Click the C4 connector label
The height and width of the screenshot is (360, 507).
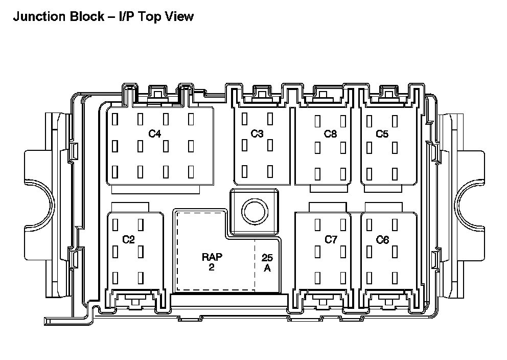154,134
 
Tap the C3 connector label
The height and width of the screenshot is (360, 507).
257,134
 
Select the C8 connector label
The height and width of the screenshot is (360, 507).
331,134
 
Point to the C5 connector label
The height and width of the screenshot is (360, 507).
382,134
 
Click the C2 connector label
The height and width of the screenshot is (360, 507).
128,239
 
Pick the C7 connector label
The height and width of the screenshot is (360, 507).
331,239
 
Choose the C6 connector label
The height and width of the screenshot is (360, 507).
382,239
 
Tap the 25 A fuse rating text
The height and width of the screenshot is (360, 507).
267,263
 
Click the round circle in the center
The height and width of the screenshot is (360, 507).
254,211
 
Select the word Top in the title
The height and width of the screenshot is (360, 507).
146,16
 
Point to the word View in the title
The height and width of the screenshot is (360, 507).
178,16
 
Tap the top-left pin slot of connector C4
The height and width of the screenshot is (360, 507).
116,119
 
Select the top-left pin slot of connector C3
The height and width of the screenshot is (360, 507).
245,118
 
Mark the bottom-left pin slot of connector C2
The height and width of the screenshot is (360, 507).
116,278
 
